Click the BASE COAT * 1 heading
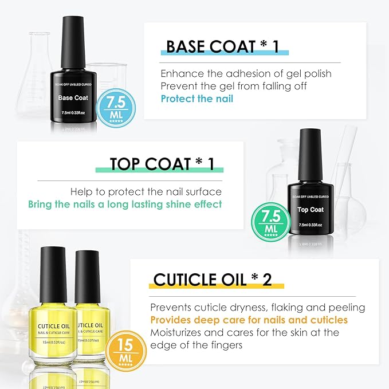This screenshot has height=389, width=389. (222, 46)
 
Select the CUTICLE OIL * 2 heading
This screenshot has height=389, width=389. (212, 280)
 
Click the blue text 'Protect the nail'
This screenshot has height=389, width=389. (197, 99)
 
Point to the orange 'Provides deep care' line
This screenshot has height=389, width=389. (249, 320)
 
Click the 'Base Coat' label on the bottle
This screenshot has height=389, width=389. (73, 98)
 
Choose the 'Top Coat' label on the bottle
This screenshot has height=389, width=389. (311, 210)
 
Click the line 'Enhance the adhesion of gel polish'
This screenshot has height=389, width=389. (246, 74)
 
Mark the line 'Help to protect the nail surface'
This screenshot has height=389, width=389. (146, 192)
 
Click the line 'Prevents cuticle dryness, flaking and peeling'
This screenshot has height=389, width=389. (257, 307)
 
